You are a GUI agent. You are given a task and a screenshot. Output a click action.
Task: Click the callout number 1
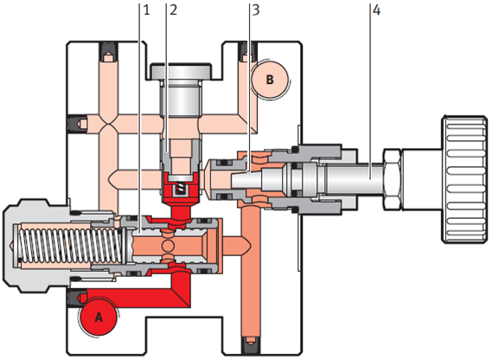click(x=146, y=10)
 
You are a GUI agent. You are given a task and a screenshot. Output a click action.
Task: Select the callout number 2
click(x=173, y=10)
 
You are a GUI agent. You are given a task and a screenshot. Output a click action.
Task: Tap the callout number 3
click(x=256, y=10)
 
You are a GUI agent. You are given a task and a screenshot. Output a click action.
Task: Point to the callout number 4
click(x=376, y=10)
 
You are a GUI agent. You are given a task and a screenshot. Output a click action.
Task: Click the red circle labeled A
click(x=99, y=317)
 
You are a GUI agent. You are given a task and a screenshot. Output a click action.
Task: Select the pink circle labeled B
click(x=270, y=79)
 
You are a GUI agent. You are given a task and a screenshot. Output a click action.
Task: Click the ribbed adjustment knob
click(x=464, y=179)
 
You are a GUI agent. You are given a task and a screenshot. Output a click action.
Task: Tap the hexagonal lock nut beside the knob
click(x=392, y=179)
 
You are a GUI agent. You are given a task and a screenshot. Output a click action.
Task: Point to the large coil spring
click(x=70, y=246)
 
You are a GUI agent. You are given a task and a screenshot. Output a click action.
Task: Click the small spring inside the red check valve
click(x=181, y=189)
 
